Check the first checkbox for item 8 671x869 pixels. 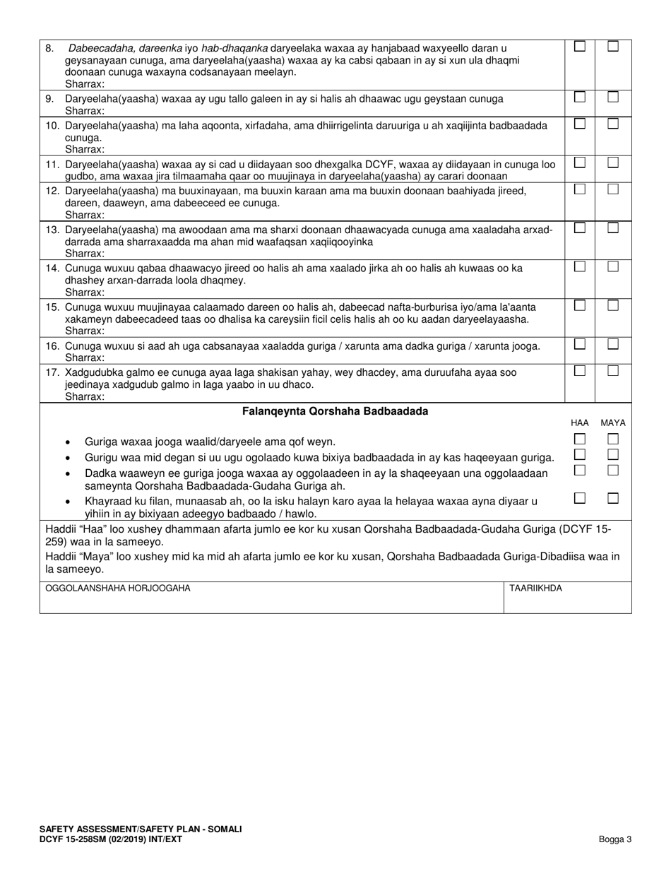(579, 47)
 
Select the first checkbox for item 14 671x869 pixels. (579, 266)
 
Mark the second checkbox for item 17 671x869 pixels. (613, 370)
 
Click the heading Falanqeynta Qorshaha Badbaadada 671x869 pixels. (335, 411)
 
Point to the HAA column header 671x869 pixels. (579, 422)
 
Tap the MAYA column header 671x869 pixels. (612, 422)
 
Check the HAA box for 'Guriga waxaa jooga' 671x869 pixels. (579, 439)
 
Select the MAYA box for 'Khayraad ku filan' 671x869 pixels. (613, 498)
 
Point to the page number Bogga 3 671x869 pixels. (614, 839)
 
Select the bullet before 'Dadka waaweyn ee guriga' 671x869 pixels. (67, 474)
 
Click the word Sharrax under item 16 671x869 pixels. (85, 357)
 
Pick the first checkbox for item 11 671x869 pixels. (579, 162)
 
